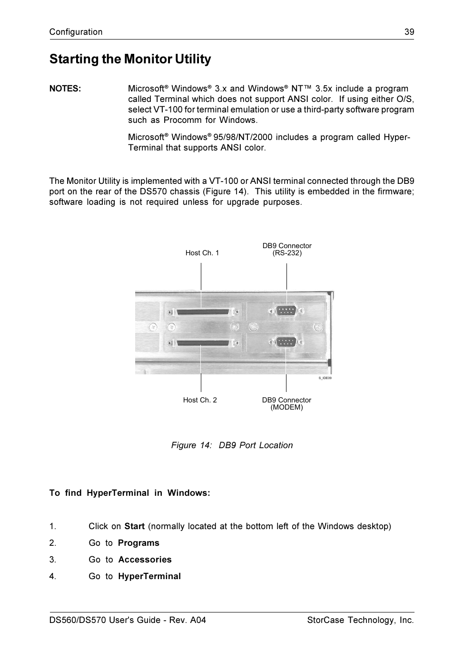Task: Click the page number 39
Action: click(x=409, y=32)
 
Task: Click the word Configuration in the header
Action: click(x=76, y=32)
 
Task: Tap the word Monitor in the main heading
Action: click(x=148, y=59)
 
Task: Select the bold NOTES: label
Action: click(x=65, y=89)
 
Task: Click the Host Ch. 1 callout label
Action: click(x=202, y=253)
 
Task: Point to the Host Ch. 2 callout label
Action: click(x=200, y=400)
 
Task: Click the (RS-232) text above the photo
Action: click(x=287, y=253)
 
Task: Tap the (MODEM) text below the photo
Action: click(x=286, y=407)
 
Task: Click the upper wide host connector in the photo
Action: click(x=202, y=313)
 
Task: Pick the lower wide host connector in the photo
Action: click(x=202, y=342)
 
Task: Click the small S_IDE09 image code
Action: click(x=325, y=378)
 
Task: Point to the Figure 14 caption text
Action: click(x=232, y=445)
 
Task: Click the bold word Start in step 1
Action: click(x=134, y=526)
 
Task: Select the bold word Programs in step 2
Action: click(x=138, y=543)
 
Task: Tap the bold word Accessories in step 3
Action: click(x=145, y=560)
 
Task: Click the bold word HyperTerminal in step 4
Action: click(x=149, y=576)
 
